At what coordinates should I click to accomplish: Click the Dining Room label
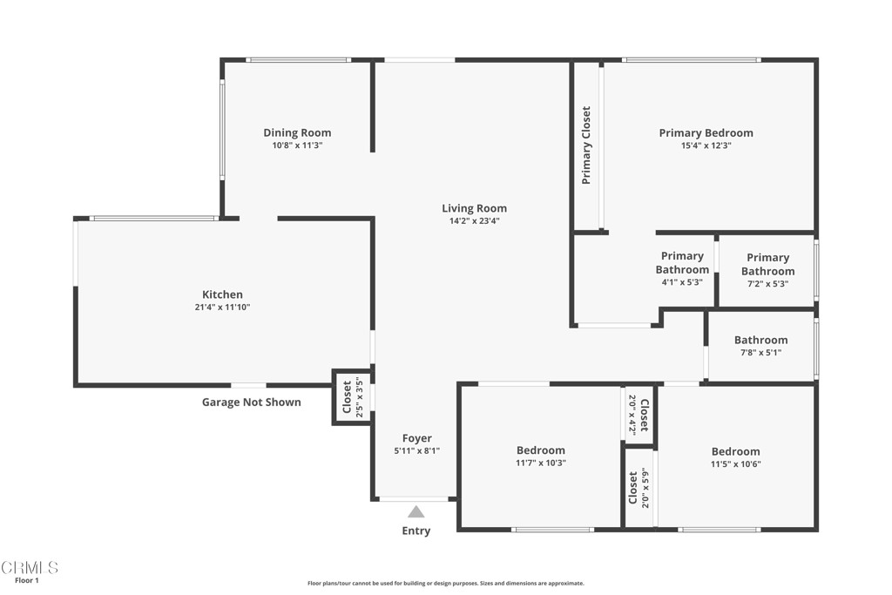(297, 133)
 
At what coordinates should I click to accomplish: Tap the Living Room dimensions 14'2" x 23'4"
(474, 221)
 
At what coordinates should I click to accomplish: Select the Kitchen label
(222, 294)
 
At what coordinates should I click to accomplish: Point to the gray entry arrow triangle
(416, 512)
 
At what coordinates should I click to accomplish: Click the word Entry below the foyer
(416, 531)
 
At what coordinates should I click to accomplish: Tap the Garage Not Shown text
(252, 402)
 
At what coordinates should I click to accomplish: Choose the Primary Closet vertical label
(586, 145)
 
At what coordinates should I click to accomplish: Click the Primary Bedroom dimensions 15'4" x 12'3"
(706, 146)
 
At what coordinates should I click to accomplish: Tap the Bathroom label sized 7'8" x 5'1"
(760, 341)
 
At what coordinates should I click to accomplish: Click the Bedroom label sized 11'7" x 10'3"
(540, 450)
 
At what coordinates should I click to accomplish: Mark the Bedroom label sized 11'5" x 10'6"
(735, 451)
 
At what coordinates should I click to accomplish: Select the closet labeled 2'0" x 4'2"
(639, 416)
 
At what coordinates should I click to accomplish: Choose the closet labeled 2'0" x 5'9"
(639, 488)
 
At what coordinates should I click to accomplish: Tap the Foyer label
(416, 438)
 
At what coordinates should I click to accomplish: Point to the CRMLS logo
(29, 567)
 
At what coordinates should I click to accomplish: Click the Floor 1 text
(27, 580)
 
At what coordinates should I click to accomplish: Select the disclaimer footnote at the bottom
(445, 584)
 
